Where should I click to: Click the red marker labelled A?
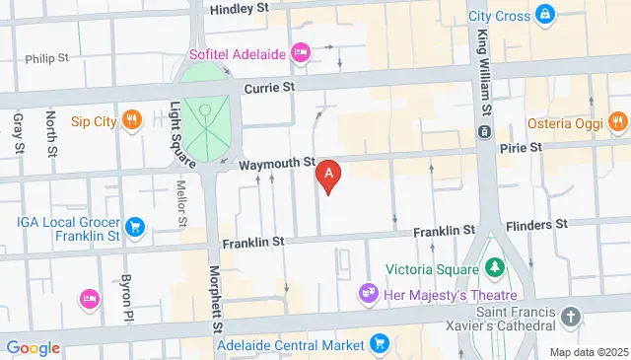click(x=328, y=175)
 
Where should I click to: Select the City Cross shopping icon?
click(x=544, y=15)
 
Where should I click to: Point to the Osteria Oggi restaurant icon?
click(x=617, y=121)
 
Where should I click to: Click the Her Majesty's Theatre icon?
click(x=369, y=293)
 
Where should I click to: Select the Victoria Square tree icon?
click(x=494, y=266)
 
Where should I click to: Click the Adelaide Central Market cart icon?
click(x=380, y=343)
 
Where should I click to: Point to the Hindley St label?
click(x=240, y=8)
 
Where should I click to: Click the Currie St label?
click(x=271, y=88)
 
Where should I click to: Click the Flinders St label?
click(x=540, y=224)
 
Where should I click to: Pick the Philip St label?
click(x=47, y=58)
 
